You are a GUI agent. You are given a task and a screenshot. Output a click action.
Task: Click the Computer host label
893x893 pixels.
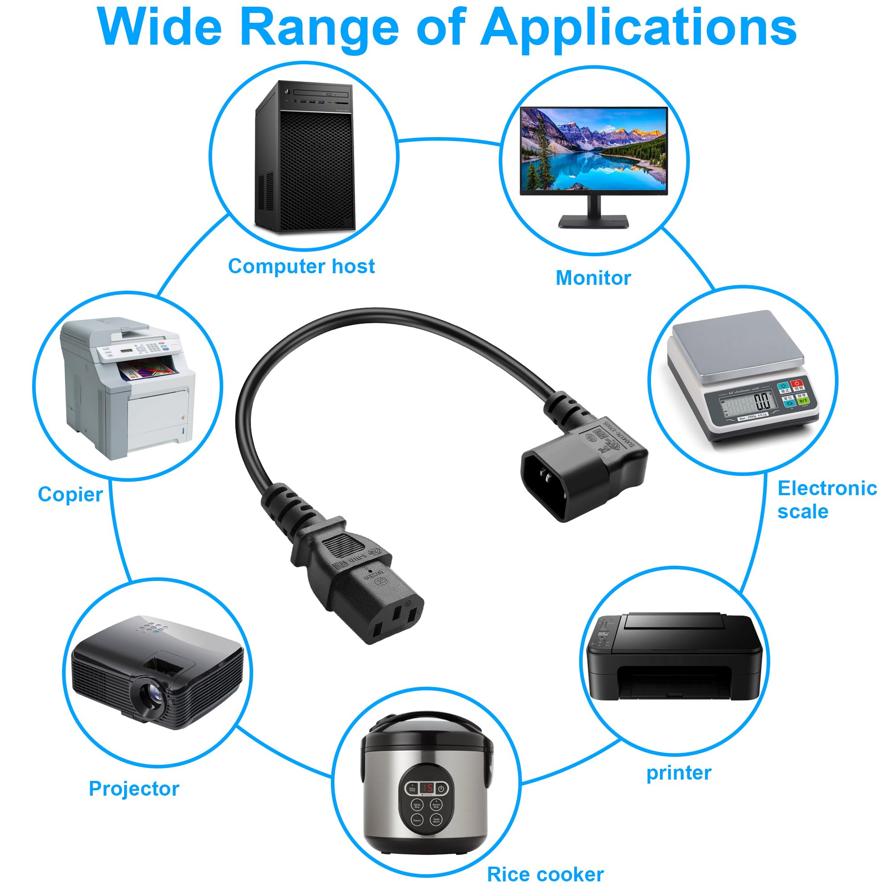pyautogui.click(x=301, y=267)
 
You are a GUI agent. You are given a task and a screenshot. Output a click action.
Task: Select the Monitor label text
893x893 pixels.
pyautogui.click(x=593, y=278)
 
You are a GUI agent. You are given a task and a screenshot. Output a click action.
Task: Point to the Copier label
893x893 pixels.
pyautogui.click(x=70, y=495)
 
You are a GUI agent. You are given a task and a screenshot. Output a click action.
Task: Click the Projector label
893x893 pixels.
pyautogui.click(x=134, y=789)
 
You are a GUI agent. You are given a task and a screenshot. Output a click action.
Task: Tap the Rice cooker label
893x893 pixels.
pyautogui.click(x=546, y=875)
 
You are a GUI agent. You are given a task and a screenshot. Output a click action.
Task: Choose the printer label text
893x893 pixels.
pyautogui.click(x=679, y=773)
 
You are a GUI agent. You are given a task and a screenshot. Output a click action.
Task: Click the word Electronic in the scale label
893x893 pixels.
pyautogui.click(x=827, y=488)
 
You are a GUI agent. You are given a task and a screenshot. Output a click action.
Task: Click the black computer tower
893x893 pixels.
pyautogui.click(x=305, y=157)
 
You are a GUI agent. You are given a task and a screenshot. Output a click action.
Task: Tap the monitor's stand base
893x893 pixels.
pyautogui.click(x=593, y=221)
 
